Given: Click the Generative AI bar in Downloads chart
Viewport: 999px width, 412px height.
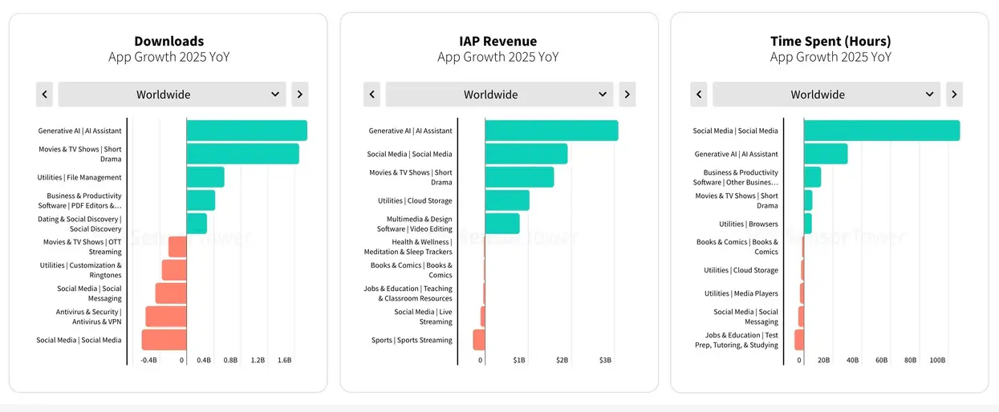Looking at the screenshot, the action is [246, 131].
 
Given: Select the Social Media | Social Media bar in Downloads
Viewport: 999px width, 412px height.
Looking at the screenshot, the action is [164, 340].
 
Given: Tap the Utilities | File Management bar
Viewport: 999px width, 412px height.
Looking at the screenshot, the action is [205, 177].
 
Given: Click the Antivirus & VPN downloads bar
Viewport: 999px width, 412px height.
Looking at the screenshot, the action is [166, 317].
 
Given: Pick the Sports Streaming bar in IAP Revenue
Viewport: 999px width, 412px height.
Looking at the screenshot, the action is [479, 340].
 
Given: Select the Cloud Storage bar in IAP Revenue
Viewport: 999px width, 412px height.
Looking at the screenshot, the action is [507, 200].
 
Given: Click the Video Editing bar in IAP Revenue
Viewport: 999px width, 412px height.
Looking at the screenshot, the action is [502, 224].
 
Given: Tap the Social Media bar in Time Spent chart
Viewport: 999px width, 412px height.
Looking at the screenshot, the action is [882, 131].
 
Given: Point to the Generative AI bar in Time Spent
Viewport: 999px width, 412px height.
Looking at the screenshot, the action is [826, 154].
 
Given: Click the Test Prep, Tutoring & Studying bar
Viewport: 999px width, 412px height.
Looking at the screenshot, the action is [799, 340].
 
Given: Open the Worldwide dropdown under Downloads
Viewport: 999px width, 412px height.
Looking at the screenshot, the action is [173, 94].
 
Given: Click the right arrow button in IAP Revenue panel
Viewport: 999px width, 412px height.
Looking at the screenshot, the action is [627, 94].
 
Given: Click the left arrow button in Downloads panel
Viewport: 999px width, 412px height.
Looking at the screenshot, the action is [45, 94].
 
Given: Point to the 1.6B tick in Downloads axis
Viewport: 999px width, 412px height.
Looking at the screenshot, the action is [285, 360].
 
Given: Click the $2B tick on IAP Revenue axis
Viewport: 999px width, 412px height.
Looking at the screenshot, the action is [562, 360].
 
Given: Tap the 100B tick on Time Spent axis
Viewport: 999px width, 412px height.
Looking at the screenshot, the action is [937, 360].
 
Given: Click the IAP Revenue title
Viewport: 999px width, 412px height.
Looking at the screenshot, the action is [498, 41].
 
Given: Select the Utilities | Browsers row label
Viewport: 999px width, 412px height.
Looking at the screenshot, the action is [749, 224].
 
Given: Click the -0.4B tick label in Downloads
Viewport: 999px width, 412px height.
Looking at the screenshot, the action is [149, 360].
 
